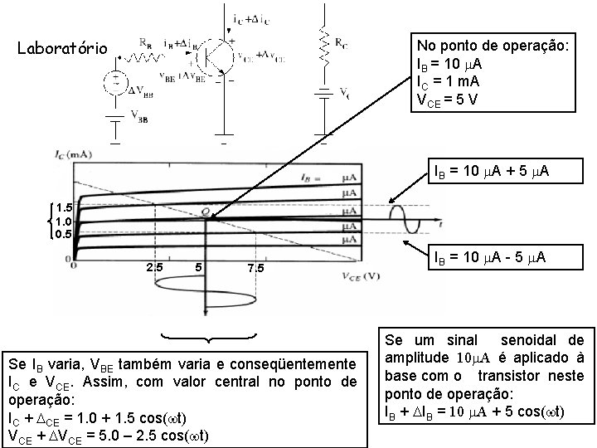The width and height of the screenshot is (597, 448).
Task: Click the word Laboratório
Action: tap(62, 48)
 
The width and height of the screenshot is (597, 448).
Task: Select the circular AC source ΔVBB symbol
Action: tap(114, 82)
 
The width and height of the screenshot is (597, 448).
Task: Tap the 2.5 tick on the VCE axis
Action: tap(154, 267)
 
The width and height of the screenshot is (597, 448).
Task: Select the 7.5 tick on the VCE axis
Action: tap(256, 268)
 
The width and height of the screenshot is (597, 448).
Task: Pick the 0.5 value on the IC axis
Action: tap(64, 233)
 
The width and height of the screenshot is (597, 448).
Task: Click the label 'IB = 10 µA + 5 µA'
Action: tap(491, 172)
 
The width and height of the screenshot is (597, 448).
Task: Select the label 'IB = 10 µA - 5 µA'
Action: tap(488, 258)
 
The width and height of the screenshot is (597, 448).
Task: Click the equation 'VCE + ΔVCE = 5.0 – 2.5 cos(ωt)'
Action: tap(108, 436)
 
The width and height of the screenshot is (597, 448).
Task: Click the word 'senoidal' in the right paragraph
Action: tap(535, 341)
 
